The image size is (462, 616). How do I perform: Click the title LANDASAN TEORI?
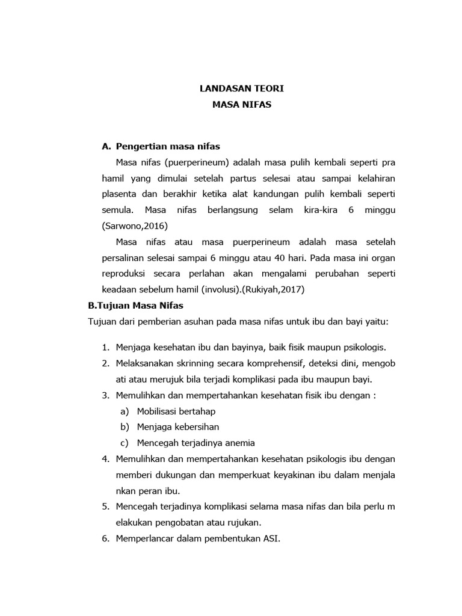click(x=242, y=88)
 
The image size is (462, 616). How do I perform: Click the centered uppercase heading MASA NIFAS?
click(x=242, y=104)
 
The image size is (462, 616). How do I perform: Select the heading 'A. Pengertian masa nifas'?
click(x=161, y=146)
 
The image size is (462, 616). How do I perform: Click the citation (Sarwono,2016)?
click(x=135, y=226)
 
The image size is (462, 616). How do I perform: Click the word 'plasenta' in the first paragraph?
click(x=119, y=194)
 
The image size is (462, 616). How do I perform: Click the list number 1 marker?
click(x=105, y=348)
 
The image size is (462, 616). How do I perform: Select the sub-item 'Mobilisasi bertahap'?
click(x=176, y=411)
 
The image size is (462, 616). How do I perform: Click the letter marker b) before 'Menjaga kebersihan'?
click(x=125, y=427)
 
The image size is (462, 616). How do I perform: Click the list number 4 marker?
click(x=105, y=458)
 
